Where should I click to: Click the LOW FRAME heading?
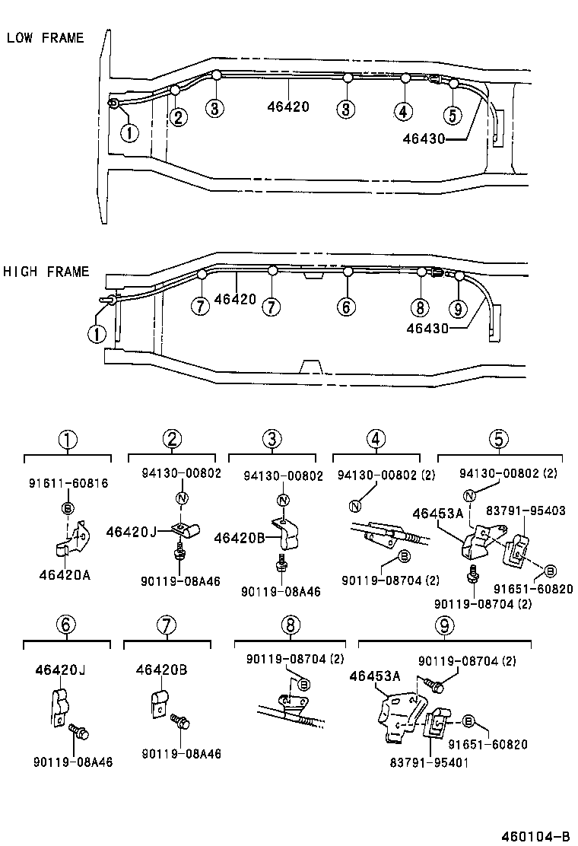[45, 37]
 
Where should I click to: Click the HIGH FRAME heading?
[46, 272]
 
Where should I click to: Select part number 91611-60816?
[68, 483]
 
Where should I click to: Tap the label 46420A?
[65, 575]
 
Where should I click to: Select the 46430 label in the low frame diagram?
[424, 138]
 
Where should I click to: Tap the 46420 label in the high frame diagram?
[236, 300]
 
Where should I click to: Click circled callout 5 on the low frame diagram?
[452, 115]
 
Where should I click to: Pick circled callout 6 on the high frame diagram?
[346, 307]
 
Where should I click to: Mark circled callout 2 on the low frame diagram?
[178, 117]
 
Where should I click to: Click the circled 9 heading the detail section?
[445, 625]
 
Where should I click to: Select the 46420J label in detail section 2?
[132, 531]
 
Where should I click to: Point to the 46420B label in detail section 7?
[162, 670]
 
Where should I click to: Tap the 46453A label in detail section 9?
[374, 676]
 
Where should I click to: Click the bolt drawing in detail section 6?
[78, 732]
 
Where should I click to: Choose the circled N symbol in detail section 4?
[354, 506]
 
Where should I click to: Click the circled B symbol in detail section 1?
[68, 508]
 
